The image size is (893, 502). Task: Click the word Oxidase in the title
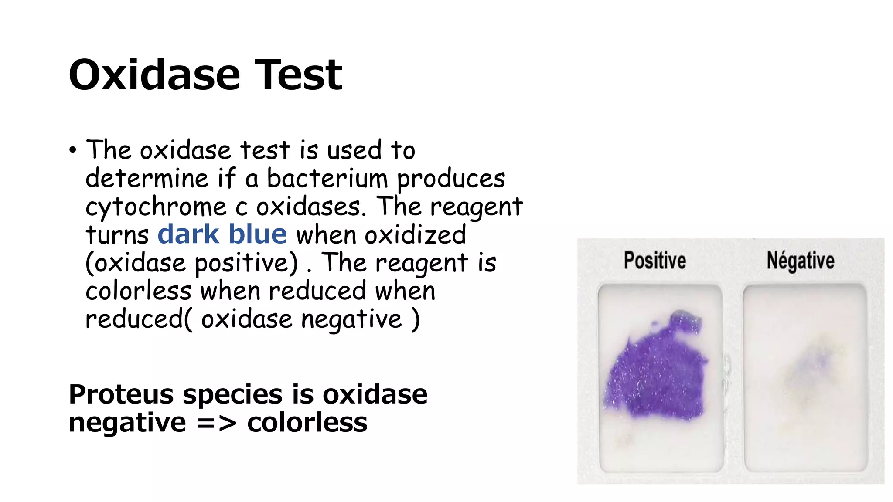pyautogui.click(x=154, y=75)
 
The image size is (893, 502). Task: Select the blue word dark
pyautogui.click(x=188, y=234)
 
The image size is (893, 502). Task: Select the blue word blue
pyautogui.click(x=258, y=234)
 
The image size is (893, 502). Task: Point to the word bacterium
pyautogui.click(x=327, y=179)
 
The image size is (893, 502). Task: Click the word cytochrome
pyautogui.click(x=156, y=207)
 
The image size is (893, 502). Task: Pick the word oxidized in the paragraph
pyautogui.click(x=415, y=235)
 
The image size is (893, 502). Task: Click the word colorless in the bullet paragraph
pyautogui.click(x=138, y=291)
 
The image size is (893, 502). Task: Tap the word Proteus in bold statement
pyautogui.click(x=121, y=394)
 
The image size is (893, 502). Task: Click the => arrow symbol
pyautogui.click(x=216, y=423)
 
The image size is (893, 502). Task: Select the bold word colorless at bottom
pyautogui.click(x=307, y=423)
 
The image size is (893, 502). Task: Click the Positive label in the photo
pyautogui.click(x=654, y=261)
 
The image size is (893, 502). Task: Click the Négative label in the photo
pyautogui.click(x=800, y=261)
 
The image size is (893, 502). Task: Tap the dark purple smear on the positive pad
pyautogui.click(x=656, y=375)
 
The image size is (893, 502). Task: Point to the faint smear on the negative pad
pyautogui.click(x=811, y=366)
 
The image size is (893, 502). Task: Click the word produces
pyautogui.click(x=451, y=179)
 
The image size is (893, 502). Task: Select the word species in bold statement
pyautogui.click(x=232, y=394)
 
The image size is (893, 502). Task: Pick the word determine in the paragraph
pyautogui.click(x=147, y=179)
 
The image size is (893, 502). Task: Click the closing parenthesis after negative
pyautogui.click(x=416, y=319)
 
